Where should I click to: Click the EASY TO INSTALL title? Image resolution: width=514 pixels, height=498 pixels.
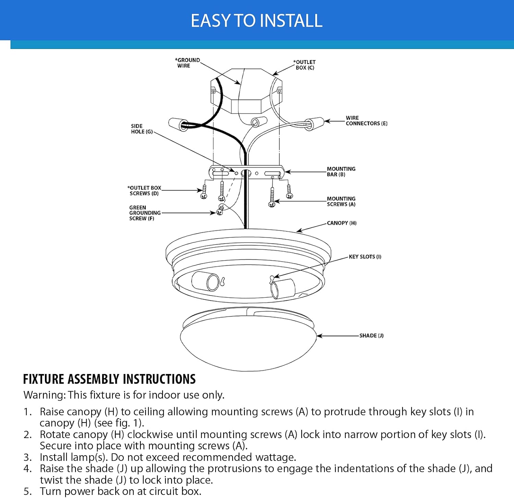click(x=257, y=21)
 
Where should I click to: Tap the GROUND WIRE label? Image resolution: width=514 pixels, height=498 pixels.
click(x=187, y=63)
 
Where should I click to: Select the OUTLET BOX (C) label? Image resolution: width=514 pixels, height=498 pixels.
click(x=305, y=65)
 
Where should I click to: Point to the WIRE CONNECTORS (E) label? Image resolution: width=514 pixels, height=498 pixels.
click(x=366, y=121)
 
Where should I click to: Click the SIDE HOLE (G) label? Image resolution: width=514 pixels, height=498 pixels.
click(x=142, y=129)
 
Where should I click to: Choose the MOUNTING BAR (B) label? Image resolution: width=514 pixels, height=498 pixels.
click(x=341, y=172)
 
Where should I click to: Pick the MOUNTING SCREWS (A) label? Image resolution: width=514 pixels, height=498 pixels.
click(x=341, y=201)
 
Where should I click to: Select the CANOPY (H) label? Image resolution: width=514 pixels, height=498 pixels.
click(x=342, y=223)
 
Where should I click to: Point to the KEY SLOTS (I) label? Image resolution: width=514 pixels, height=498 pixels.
click(x=365, y=257)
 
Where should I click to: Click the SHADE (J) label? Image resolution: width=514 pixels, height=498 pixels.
click(x=371, y=336)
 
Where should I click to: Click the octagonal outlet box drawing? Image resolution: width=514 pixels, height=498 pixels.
click(x=246, y=92)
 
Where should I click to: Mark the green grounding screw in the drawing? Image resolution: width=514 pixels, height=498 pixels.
click(x=220, y=210)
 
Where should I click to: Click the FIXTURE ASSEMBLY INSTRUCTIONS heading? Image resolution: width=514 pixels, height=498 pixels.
click(x=109, y=379)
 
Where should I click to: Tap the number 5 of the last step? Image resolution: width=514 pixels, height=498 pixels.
click(x=27, y=491)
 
